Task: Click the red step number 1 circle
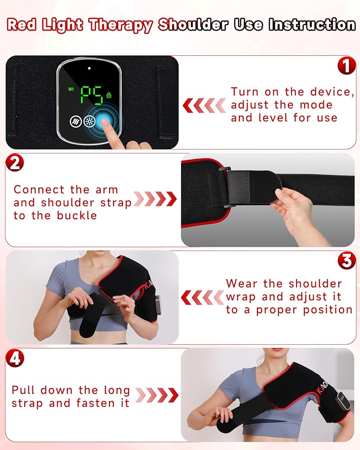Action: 347,66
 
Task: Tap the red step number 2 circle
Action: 15,163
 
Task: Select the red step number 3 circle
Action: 347,261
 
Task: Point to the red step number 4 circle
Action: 15,358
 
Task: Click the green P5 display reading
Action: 92,95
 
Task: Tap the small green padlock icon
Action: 109,95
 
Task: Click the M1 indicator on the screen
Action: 71,89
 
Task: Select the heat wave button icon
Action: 76,121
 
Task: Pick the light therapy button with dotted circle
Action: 89,121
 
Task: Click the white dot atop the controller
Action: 89,68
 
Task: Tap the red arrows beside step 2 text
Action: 155,199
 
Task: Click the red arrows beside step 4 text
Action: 157,395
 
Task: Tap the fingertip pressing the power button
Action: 104,122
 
